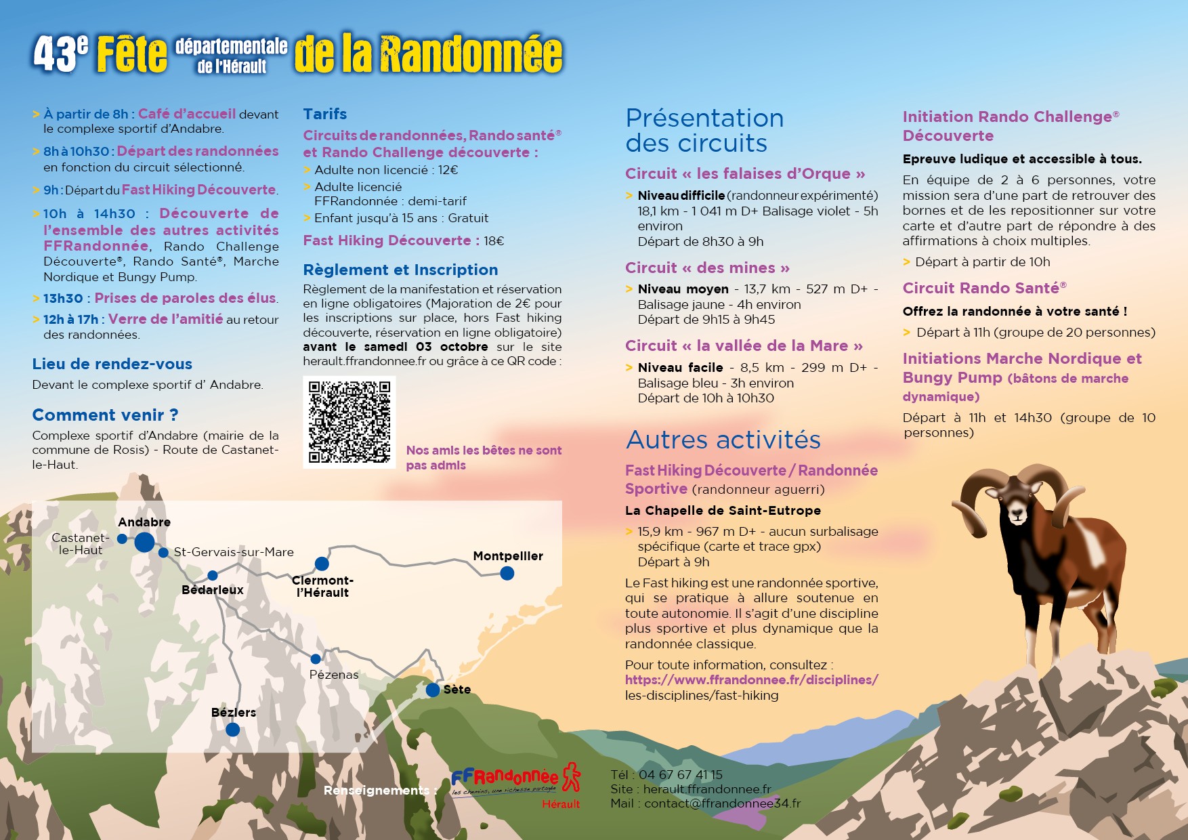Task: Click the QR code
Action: pyautogui.click(x=349, y=421)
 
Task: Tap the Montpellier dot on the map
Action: pyautogui.click(x=507, y=573)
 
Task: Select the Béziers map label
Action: pyautogui.click(x=234, y=712)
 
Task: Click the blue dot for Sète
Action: pyautogui.click(x=433, y=690)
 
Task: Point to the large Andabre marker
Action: pyautogui.click(x=144, y=542)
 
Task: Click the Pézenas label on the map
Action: pyautogui.click(x=334, y=674)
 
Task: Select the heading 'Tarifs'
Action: pyautogui.click(x=325, y=114)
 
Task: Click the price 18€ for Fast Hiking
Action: pyautogui.click(x=494, y=240)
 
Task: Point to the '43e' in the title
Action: pyautogui.click(x=61, y=54)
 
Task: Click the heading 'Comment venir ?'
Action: pyautogui.click(x=105, y=415)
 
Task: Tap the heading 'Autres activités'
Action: pyautogui.click(x=723, y=440)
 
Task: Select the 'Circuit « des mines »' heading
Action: pyautogui.click(x=707, y=268)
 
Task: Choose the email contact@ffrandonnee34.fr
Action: pyautogui.click(x=722, y=803)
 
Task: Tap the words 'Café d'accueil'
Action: pyautogui.click(x=187, y=114)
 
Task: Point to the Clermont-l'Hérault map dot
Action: pyautogui.click(x=322, y=564)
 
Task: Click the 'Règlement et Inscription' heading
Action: pyautogui.click(x=400, y=270)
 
